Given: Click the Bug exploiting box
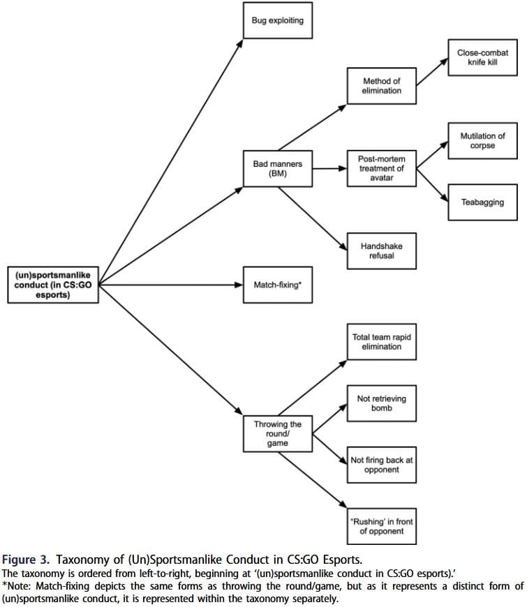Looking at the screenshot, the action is tap(278, 20).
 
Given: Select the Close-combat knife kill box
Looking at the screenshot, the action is tap(482, 57).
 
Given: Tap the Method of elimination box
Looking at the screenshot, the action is tap(381, 86).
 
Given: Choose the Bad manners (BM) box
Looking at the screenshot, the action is tap(278, 169).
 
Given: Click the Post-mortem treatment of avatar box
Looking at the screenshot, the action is tap(381, 168).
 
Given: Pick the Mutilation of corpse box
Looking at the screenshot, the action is tap(482, 141).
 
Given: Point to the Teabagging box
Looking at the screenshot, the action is tap(482, 202).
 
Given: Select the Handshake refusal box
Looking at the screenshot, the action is tap(381, 251).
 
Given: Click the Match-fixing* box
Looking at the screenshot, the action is tap(278, 285).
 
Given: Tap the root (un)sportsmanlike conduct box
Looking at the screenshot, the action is tap(53, 285).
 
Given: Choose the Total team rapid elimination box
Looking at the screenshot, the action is tap(381, 342).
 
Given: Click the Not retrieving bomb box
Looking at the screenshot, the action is tap(381, 403).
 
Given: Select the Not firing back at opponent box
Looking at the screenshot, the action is tap(381, 465).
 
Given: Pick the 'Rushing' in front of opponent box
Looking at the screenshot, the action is tap(381, 527).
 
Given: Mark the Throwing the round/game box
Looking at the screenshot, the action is tap(278, 433).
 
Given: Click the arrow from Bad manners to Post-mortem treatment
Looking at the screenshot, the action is tap(329, 168).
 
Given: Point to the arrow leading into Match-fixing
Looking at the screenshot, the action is tap(171, 285).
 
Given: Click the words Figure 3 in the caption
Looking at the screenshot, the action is tap(26, 560).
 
